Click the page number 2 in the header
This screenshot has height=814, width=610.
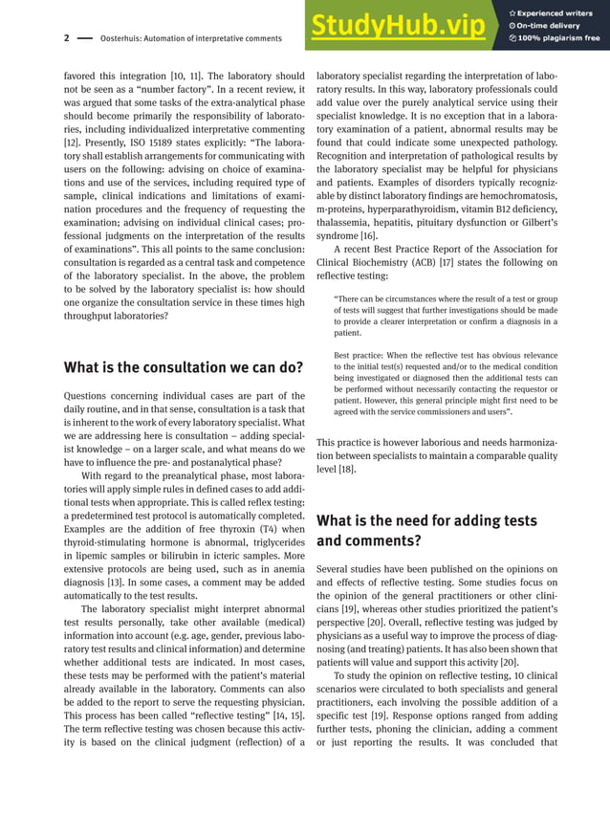[x=66, y=38]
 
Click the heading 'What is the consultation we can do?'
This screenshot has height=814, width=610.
[x=183, y=367]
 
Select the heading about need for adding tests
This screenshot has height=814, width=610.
[x=426, y=530]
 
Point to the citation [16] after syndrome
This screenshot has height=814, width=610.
[x=368, y=236]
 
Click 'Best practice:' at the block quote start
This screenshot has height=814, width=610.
[x=360, y=356]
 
